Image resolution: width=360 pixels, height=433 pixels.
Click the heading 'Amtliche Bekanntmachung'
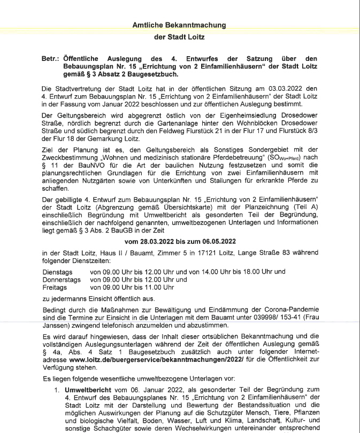click(x=179, y=25)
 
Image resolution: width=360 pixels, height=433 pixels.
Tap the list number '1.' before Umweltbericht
click(x=59, y=390)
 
